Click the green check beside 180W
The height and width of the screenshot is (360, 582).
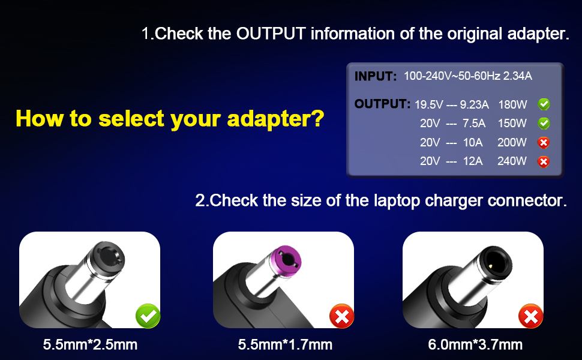tap(544, 104)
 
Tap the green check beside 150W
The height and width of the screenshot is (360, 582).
tap(544, 123)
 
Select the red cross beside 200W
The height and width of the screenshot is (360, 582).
tap(544, 143)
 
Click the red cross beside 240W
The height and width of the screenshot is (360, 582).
tap(544, 161)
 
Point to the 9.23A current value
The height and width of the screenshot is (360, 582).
tap(475, 104)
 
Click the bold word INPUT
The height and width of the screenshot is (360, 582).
tap(375, 76)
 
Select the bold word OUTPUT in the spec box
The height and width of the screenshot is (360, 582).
tap(382, 104)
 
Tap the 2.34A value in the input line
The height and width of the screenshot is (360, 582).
tap(517, 76)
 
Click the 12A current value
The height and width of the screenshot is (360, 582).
tap(473, 161)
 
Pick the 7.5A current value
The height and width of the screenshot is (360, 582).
tap(473, 123)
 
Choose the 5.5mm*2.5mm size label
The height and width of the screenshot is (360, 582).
tap(90, 345)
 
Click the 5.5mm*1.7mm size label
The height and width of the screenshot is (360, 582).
tap(285, 345)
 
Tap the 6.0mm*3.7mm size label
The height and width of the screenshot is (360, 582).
tap(475, 345)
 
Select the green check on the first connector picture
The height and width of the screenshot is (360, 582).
tap(148, 316)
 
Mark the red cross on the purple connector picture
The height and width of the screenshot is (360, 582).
tap(342, 316)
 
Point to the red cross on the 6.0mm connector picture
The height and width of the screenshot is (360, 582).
tap(531, 316)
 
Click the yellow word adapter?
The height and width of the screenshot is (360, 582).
tap(275, 119)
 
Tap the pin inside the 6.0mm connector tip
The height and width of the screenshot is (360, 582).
tap(491, 266)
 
